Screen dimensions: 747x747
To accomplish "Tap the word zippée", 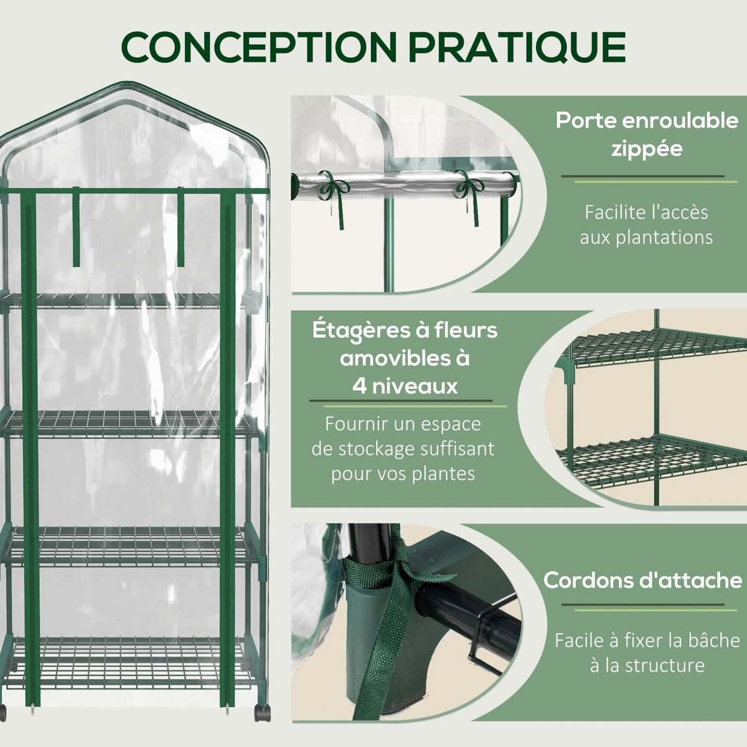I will (646, 149).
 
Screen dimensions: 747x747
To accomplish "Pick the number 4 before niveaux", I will (359, 387).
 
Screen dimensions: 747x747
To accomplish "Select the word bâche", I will (718, 640).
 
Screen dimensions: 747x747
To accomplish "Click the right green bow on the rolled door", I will (467, 186).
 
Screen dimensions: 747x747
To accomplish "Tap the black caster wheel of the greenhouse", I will (262, 712).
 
